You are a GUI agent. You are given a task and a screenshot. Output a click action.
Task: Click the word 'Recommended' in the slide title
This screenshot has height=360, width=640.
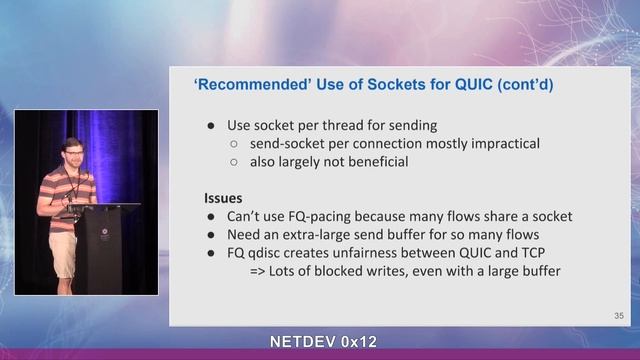pos(246,86)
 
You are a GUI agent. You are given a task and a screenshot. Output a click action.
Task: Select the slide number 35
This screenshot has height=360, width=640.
pos(619,316)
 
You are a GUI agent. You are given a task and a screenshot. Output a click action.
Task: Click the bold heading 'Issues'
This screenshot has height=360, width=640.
pos(224,198)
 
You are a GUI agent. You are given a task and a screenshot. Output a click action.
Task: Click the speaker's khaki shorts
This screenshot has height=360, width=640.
pos(63,254)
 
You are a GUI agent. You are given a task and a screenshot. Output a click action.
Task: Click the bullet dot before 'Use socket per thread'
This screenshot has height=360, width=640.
pos(210,126)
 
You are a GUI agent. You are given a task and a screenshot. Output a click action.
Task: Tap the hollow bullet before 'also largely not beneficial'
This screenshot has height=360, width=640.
pos(233,162)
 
